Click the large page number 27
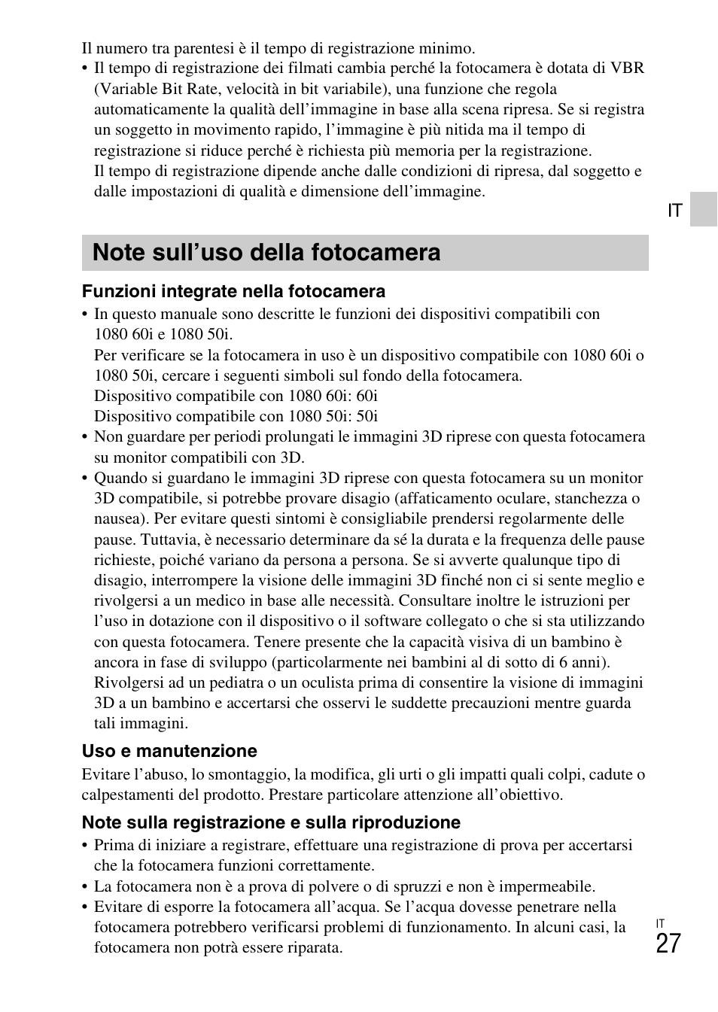click(668, 944)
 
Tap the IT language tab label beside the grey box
click(674, 211)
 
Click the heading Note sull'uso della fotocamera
click(266, 252)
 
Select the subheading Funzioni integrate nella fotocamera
click(233, 291)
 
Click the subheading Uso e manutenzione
click(169, 751)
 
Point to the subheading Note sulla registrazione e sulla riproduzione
click(271, 822)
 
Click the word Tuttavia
click(168, 539)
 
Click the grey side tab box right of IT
click(704, 209)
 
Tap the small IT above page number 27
click(660, 923)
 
